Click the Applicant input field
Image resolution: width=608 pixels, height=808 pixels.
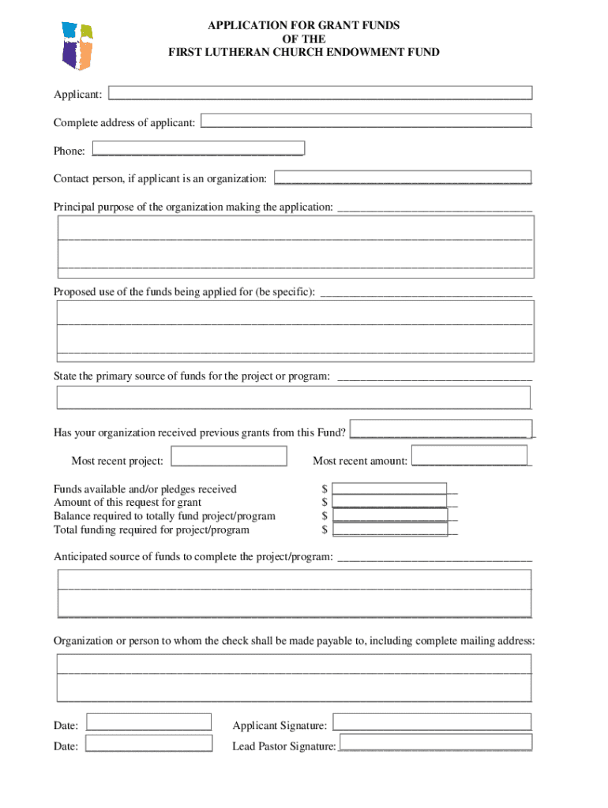320,93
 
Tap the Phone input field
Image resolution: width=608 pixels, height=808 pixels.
198,148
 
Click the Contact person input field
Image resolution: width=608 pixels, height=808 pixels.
403,178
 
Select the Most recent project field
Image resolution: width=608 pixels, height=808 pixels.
229,456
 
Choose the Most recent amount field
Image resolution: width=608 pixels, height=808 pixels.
469,455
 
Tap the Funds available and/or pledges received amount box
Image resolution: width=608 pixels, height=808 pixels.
389,489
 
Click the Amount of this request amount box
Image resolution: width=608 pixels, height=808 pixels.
389,502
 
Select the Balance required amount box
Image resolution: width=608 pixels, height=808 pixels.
390,515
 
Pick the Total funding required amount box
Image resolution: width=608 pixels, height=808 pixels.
390,529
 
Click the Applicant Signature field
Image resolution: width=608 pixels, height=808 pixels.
432,722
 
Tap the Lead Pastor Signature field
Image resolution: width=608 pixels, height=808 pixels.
435,742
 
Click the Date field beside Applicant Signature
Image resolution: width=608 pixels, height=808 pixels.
148,722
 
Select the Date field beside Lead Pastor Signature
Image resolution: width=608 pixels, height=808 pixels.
148,743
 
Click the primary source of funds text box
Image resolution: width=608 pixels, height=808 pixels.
293,397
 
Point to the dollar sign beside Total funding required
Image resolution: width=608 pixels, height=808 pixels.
325,530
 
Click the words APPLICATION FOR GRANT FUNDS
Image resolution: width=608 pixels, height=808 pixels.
303,25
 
